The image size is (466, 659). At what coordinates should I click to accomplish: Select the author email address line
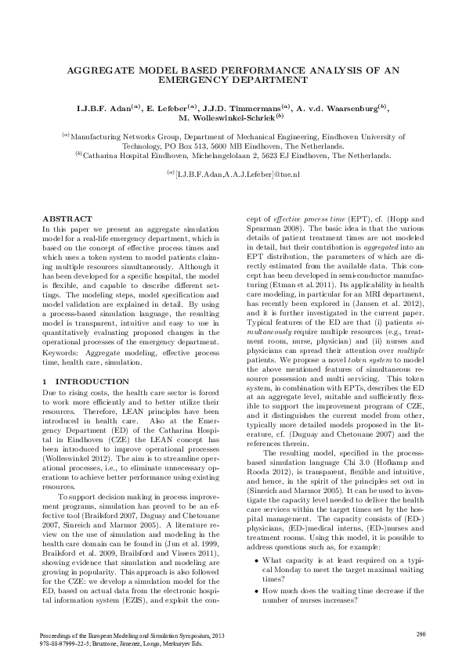(233, 173)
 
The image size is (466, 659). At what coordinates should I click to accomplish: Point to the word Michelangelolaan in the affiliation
(229, 156)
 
